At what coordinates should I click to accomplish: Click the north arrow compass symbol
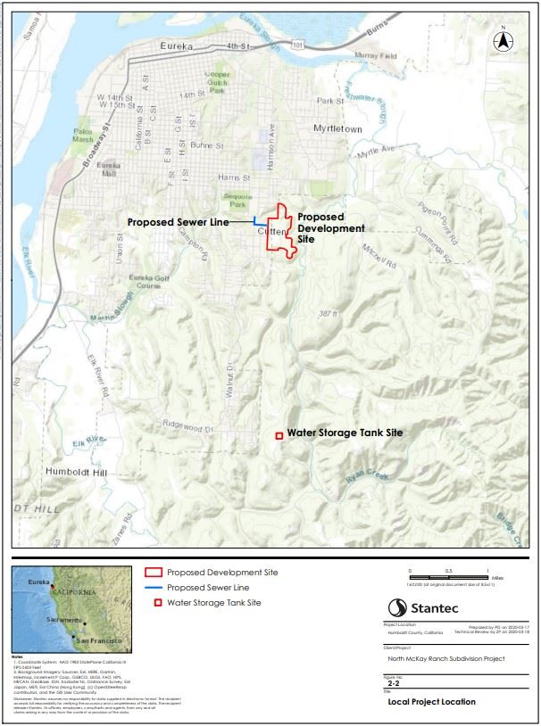point(503,39)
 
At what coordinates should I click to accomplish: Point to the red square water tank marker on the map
point(279,435)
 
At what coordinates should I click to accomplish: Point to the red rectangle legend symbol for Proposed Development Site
point(154,571)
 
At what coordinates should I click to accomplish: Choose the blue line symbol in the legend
point(154,588)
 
